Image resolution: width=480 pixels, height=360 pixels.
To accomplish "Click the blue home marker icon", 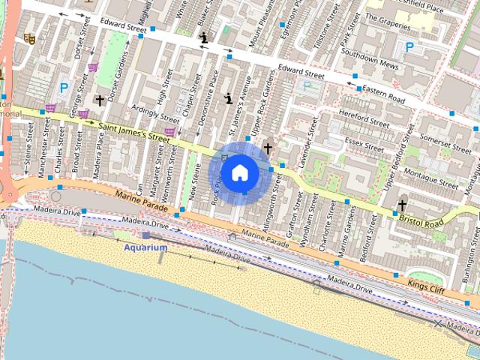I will (x=239, y=172).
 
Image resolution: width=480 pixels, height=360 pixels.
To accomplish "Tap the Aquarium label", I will (x=145, y=247).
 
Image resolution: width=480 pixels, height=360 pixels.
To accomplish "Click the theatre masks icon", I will (x=29, y=37).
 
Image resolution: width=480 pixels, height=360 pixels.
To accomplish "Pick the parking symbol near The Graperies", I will (x=409, y=46).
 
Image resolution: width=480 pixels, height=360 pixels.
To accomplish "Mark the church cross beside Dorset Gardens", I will (x=99, y=100).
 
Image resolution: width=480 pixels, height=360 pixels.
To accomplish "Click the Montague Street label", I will (x=430, y=174).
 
